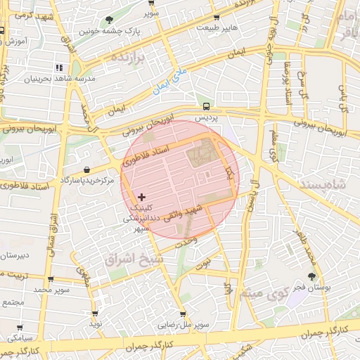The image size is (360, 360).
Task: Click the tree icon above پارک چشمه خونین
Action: (x=108, y=20)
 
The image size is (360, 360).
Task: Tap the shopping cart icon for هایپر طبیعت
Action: (x=217, y=18)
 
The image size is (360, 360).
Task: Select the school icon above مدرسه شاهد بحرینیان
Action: (x=58, y=67)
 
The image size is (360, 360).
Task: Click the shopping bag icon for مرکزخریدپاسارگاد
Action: (x=86, y=169)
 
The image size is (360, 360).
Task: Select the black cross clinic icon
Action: (x=142, y=197)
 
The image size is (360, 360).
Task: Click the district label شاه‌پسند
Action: (x=324, y=182)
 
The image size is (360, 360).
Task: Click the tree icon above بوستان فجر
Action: (x=311, y=276)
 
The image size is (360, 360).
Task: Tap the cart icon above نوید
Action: (x=95, y=314)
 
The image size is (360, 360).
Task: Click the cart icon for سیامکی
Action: (x=19, y=327)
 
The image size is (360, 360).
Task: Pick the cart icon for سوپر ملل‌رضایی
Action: (x=183, y=314)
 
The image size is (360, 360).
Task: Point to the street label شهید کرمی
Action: (x=28, y=15)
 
